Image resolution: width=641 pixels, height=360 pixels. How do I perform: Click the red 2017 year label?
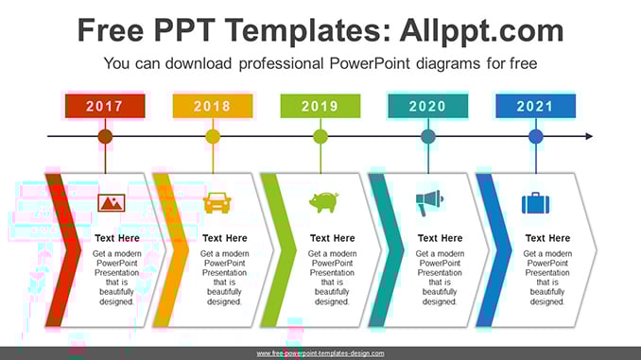[x=105, y=106]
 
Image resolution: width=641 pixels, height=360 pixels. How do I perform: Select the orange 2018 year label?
[x=213, y=106]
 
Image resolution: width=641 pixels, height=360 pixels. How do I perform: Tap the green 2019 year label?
[x=320, y=106]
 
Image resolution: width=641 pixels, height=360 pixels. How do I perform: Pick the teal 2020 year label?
[x=428, y=106]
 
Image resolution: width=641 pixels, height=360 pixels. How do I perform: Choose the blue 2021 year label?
[x=535, y=106]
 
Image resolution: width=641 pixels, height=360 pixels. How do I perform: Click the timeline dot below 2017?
[x=105, y=136]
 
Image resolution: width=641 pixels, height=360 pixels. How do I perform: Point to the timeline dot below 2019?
[x=320, y=136]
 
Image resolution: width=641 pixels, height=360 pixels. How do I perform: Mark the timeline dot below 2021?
[x=535, y=136]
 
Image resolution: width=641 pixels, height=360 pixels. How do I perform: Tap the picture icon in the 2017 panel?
[x=112, y=203]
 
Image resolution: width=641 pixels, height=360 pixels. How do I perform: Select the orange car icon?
[x=217, y=203]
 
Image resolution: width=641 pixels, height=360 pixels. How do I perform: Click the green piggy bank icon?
[x=323, y=202]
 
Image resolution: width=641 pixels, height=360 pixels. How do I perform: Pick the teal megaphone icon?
[x=429, y=203]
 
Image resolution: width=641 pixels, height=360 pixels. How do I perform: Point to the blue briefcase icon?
[x=535, y=203]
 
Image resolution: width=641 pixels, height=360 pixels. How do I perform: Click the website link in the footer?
[x=320, y=353]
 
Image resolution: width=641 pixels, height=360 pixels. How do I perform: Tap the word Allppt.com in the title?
[x=481, y=30]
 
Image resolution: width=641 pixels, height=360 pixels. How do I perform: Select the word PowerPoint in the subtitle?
[x=370, y=63]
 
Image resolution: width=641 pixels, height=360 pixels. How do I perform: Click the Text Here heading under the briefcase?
[x=547, y=238]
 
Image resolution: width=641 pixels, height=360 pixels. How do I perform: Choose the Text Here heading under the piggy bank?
[x=333, y=238]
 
